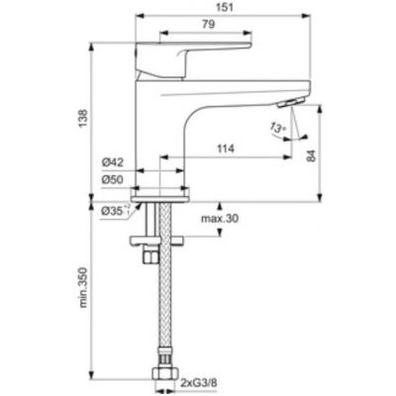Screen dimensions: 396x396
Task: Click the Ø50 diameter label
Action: (x=112, y=179)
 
